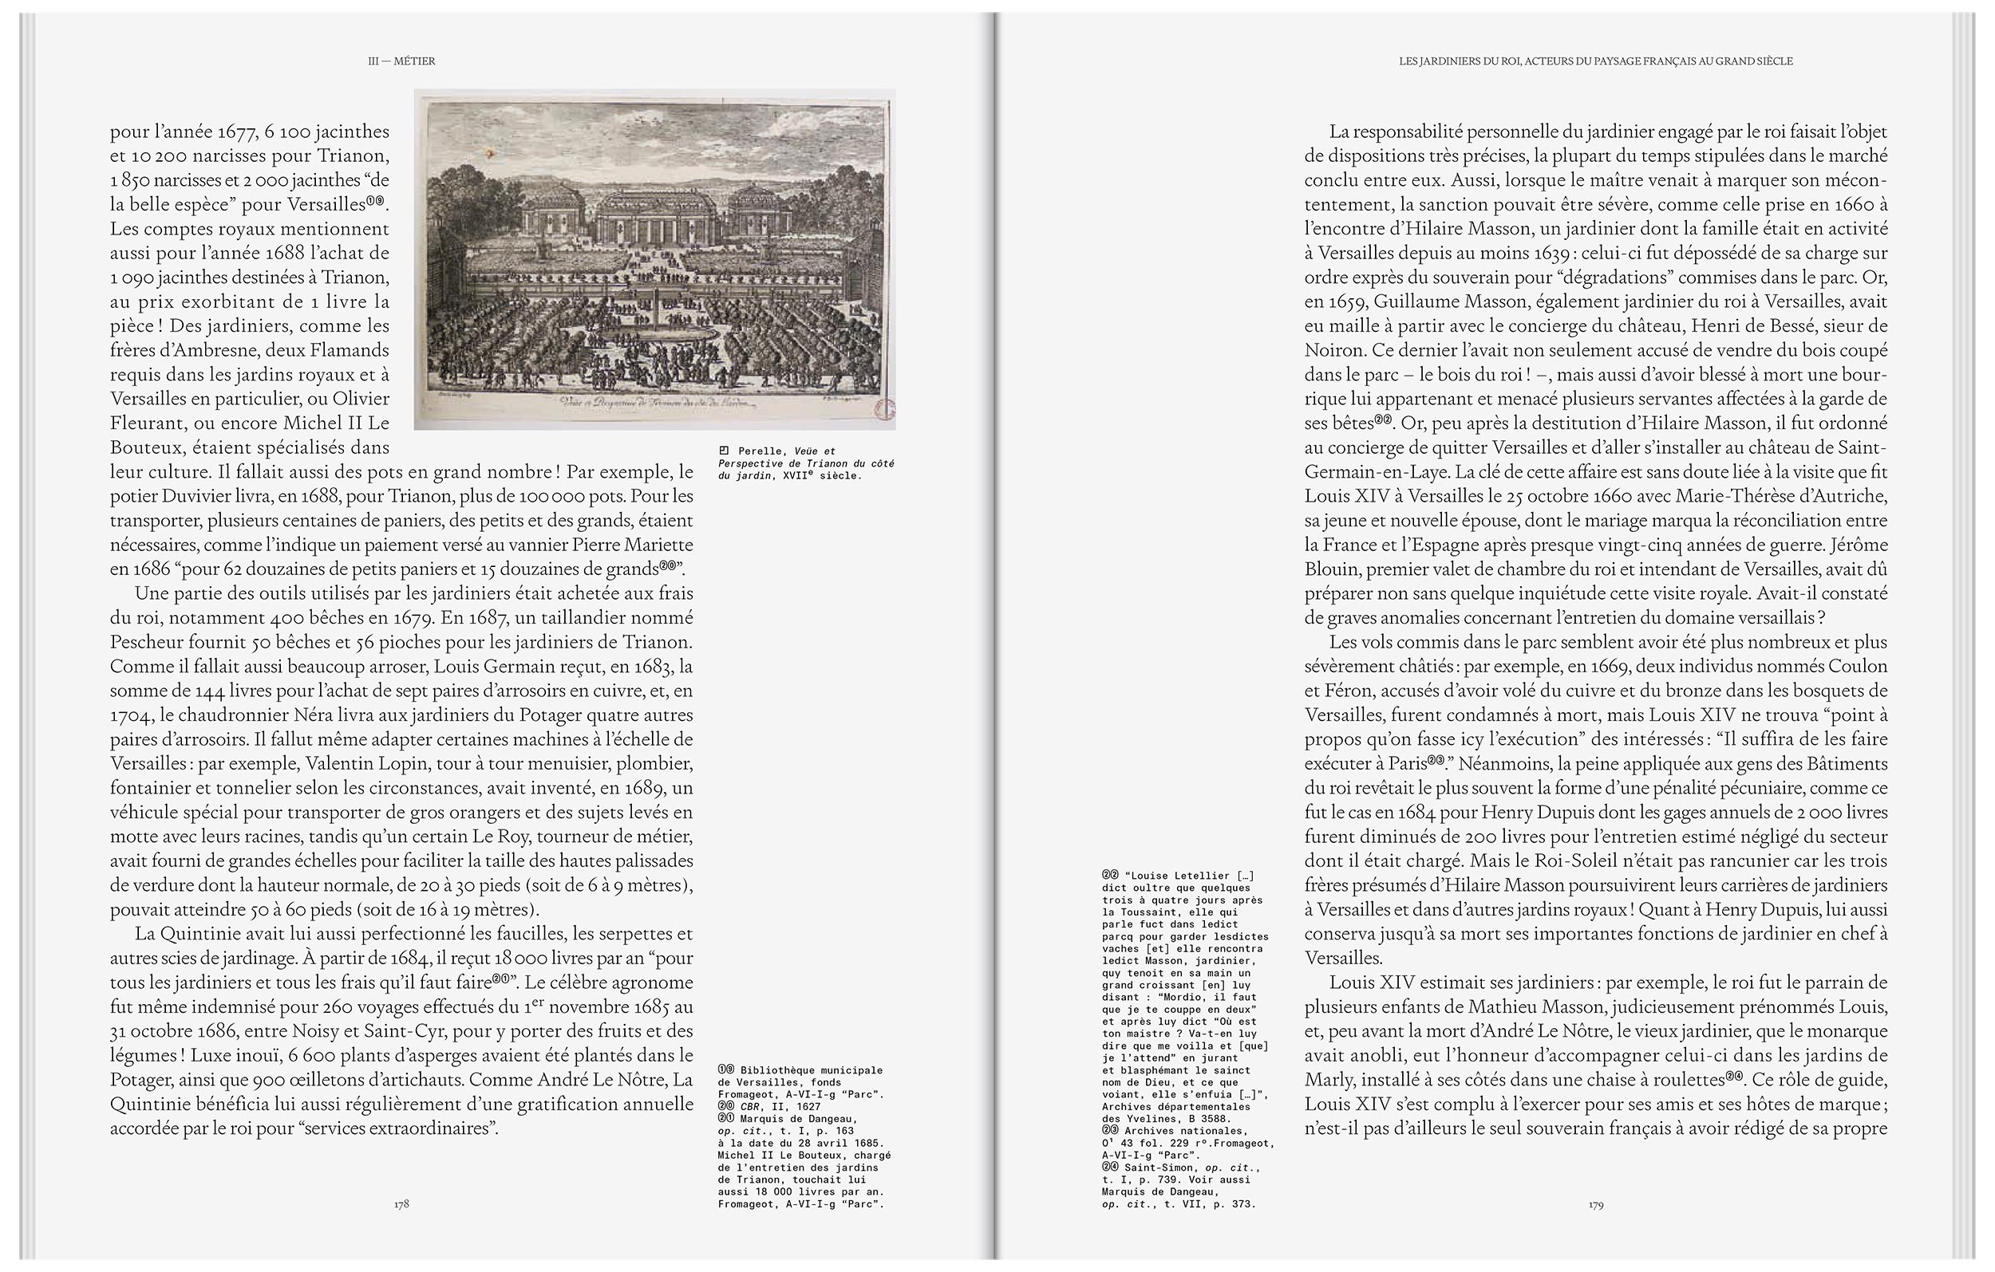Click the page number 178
point(401,1203)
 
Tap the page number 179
point(1596,1204)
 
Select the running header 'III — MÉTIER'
point(402,61)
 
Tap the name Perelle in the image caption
point(760,451)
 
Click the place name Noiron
point(1331,350)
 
